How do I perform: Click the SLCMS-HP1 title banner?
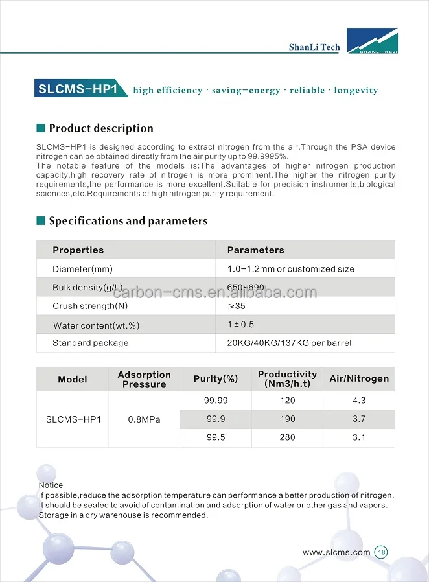pyautogui.click(x=78, y=89)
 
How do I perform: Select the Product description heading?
pyautogui.click(x=101, y=128)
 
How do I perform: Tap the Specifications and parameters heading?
pyautogui.click(x=128, y=221)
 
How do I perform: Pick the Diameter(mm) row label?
pyautogui.click(x=82, y=269)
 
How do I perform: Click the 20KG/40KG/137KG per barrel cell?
pyautogui.click(x=289, y=343)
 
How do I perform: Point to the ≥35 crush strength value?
pyautogui.click(x=237, y=306)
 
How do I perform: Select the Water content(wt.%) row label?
pyautogui.click(x=96, y=325)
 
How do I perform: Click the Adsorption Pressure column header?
pyautogui.click(x=144, y=379)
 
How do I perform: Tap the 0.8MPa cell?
pyautogui.click(x=144, y=419)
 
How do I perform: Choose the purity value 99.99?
pyautogui.click(x=216, y=401)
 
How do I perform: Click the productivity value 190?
pyautogui.click(x=288, y=419)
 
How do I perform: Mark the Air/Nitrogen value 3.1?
pyautogui.click(x=359, y=437)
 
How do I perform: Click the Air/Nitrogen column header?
pyautogui.click(x=359, y=379)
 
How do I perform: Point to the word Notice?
pyautogui.click(x=51, y=485)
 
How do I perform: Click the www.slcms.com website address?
pyautogui.click(x=336, y=553)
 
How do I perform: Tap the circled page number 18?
pyautogui.click(x=381, y=553)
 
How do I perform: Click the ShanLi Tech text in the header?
pyautogui.click(x=314, y=47)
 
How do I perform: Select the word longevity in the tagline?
pyautogui.click(x=356, y=90)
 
